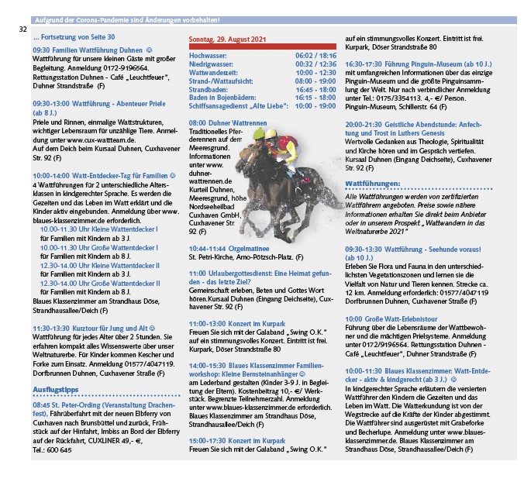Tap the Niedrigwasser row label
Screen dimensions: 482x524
pyautogui.click(x=212, y=64)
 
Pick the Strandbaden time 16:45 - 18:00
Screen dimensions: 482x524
pyautogui.click(x=315, y=89)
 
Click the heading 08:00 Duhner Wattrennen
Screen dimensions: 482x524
pyautogui.click(x=227, y=123)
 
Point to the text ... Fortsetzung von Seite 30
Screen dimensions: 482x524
pyautogui.click(x=74, y=37)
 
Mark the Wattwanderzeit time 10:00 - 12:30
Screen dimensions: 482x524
pyautogui.click(x=315, y=73)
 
